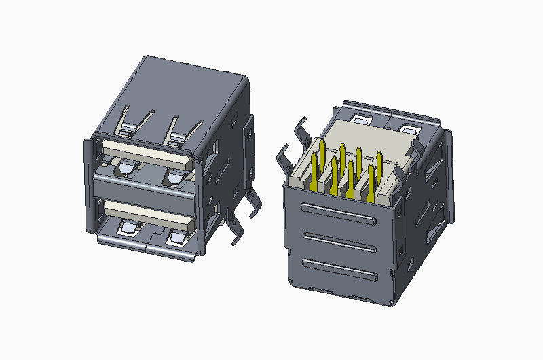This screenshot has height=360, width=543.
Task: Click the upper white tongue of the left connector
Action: tap(146, 155)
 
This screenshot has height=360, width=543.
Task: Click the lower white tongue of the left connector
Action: tap(146, 215)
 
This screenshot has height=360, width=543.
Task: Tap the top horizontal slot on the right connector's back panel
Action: tap(338, 213)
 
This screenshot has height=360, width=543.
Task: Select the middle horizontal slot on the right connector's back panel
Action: tap(338, 241)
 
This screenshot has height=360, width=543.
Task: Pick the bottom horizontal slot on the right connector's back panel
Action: tap(338, 270)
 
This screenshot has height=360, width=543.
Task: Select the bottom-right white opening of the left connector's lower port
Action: tap(178, 238)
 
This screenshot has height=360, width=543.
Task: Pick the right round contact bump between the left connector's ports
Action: tap(174, 178)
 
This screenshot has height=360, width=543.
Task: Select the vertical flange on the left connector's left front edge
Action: tap(88, 183)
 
